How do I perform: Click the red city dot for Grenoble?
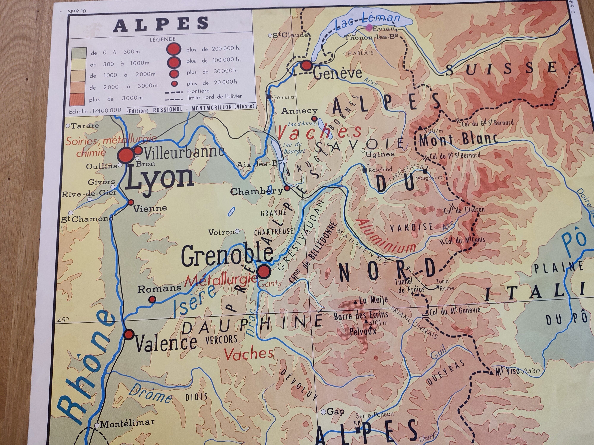pyautogui.click(x=264, y=271)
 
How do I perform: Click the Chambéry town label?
pyautogui.click(x=256, y=191)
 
